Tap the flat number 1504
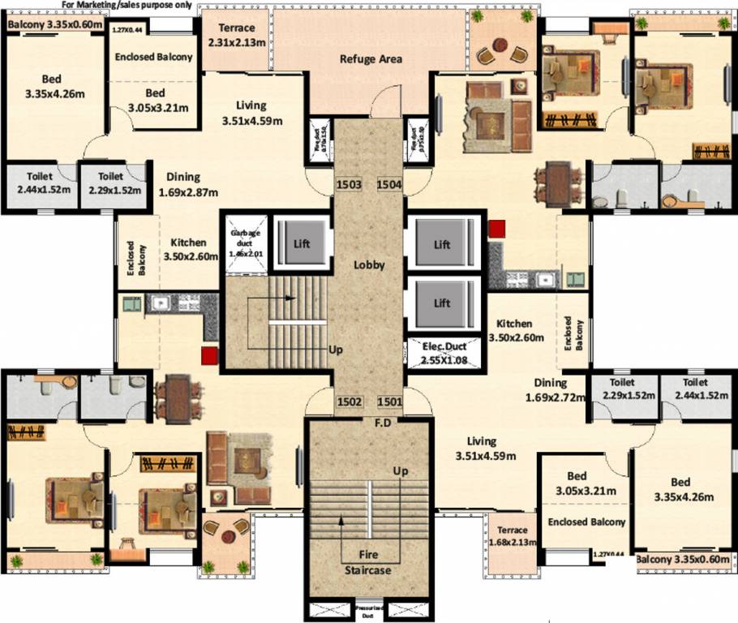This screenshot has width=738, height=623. point(389,185)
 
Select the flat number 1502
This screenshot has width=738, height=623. point(349,401)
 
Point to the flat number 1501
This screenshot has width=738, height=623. point(389,401)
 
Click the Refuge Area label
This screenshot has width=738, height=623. point(371,59)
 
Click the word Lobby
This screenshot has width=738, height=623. point(368,265)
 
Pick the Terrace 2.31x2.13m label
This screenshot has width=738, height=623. point(236,35)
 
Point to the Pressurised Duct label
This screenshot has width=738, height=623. point(371,610)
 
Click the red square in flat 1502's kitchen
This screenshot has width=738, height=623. point(210,354)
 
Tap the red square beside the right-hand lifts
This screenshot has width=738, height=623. point(496,230)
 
